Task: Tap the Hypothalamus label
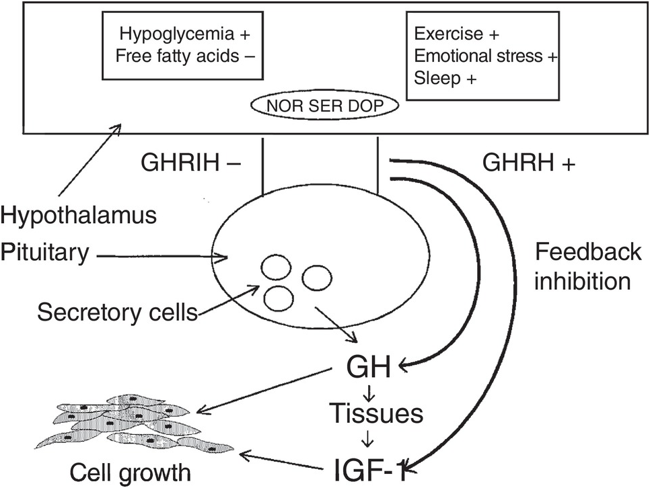click(79, 216)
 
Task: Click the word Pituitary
click(45, 253)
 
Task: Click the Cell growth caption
click(131, 472)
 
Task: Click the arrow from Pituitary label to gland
click(161, 255)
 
